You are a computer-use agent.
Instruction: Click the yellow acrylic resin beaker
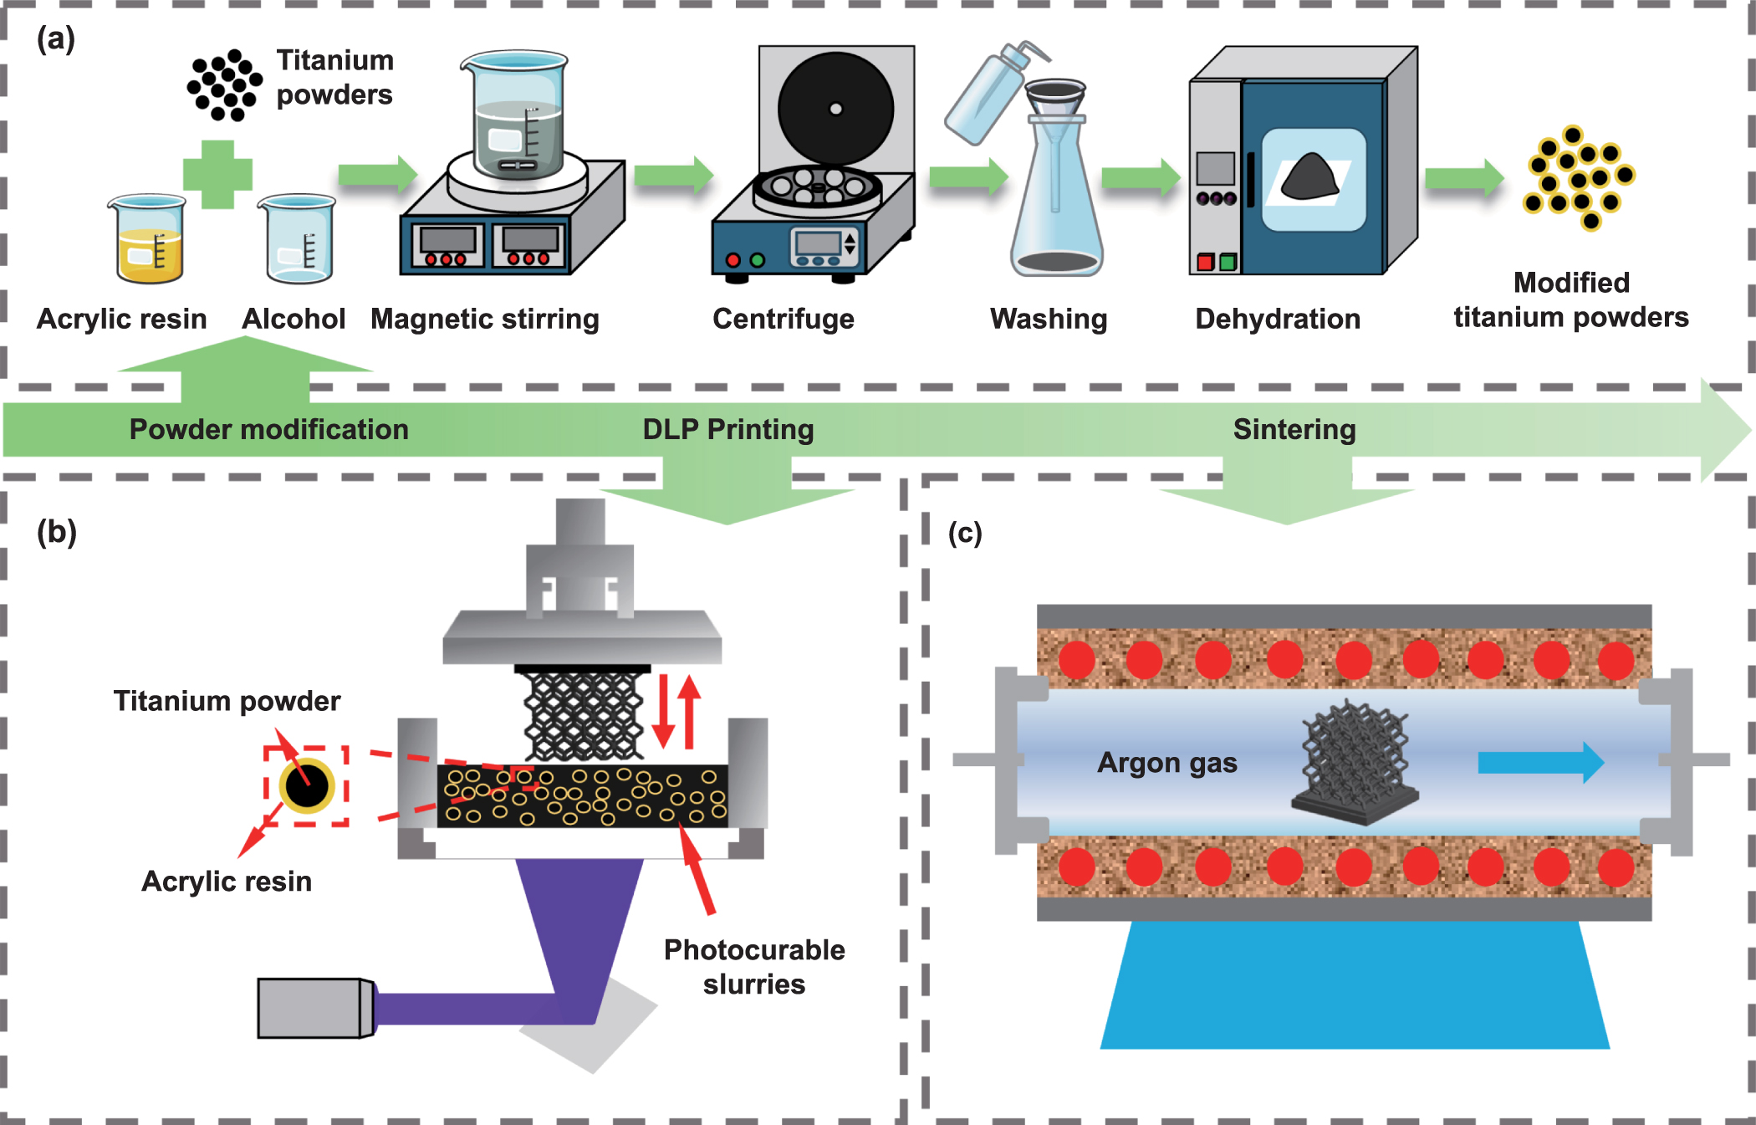tap(148, 243)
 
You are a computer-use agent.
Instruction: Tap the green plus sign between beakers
tap(217, 174)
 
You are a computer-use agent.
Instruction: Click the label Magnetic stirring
tap(484, 319)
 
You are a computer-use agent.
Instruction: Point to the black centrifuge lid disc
tap(835, 109)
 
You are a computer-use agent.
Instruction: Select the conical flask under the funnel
tap(1056, 217)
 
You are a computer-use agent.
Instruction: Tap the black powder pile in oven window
tap(1310, 177)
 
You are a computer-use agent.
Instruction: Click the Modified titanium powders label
tap(1570, 300)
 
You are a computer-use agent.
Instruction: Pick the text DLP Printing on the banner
tap(727, 429)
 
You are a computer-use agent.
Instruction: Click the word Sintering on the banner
tap(1294, 429)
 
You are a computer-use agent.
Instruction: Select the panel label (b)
tap(57, 532)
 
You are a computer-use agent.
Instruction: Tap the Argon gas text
tap(1166, 763)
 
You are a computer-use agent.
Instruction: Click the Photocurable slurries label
tap(753, 967)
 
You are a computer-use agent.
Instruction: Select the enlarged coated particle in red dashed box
tap(307, 785)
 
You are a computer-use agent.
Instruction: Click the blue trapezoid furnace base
tap(1355, 987)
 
